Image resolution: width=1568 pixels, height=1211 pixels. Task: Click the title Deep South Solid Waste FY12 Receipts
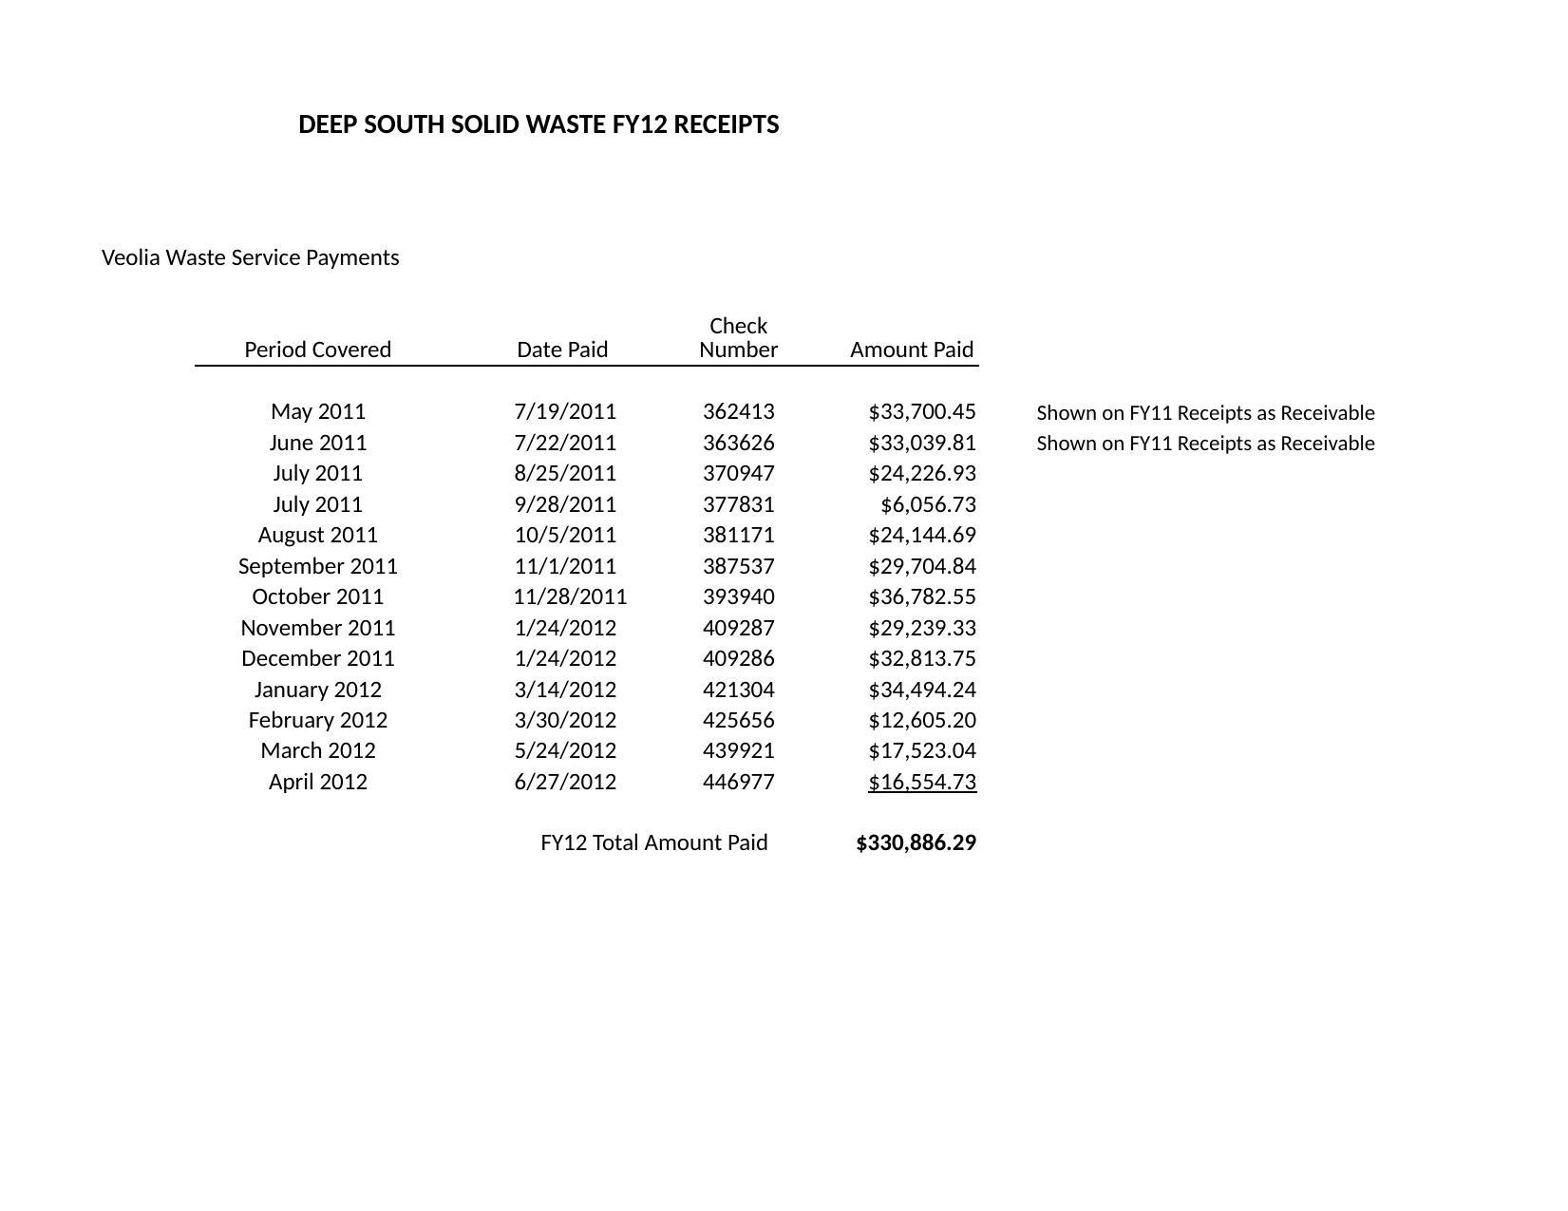tap(538, 124)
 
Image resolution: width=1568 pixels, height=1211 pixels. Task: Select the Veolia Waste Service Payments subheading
tap(250, 257)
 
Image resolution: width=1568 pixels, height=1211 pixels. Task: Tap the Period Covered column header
tap(317, 350)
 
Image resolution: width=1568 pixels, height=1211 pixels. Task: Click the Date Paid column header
tap(562, 350)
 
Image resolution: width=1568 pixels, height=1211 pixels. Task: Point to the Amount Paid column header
tap(912, 350)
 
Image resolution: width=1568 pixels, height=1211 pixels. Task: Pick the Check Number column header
tap(738, 338)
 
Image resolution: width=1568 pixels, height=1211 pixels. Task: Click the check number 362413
tap(738, 411)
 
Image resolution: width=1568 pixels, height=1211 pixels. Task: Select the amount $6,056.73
tap(928, 504)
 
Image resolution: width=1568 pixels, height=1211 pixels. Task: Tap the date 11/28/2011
tap(570, 596)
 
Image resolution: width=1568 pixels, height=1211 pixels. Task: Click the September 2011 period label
tap(317, 566)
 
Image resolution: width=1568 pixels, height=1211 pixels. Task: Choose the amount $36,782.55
tap(921, 596)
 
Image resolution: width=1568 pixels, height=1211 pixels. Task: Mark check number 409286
tap(738, 658)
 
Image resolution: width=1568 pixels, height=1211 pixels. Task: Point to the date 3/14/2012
tap(565, 690)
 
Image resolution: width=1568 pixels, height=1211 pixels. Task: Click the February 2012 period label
tap(317, 720)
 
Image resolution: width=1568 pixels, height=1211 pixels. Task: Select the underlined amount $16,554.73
tap(921, 782)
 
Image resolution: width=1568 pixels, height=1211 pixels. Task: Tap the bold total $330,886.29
tap(916, 843)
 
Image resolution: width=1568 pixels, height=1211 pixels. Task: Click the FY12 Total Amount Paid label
tap(653, 843)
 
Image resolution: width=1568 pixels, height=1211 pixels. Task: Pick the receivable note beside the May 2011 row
tap(1205, 413)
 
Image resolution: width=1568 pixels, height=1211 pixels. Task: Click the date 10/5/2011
tap(565, 535)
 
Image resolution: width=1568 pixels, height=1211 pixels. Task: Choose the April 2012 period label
tap(317, 782)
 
